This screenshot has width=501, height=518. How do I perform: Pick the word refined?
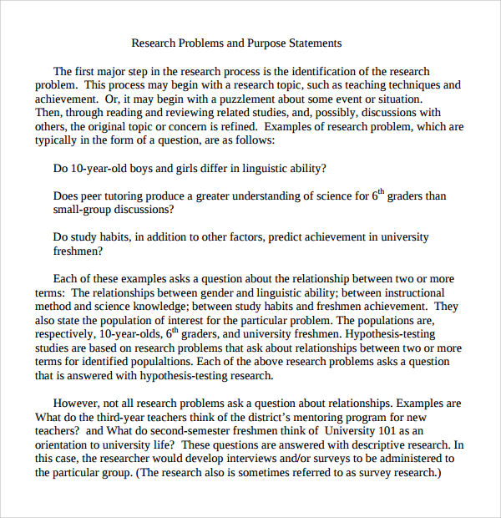click(x=233, y=126)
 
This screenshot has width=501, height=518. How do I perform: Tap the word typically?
click(x=56, y=140)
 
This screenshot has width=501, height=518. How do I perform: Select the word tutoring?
click(x=138, y=196)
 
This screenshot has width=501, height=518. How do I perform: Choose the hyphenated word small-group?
click(x=83, y=210)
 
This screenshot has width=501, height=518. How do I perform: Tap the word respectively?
click(x=68, y=334)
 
